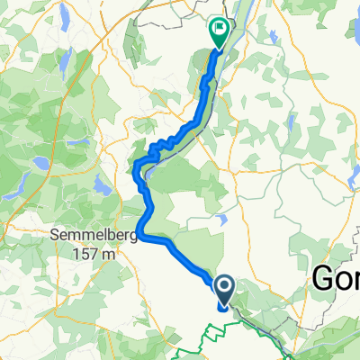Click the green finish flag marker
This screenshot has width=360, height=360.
tap(219, 32)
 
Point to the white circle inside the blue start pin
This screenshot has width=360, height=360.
tap(224, 286)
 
